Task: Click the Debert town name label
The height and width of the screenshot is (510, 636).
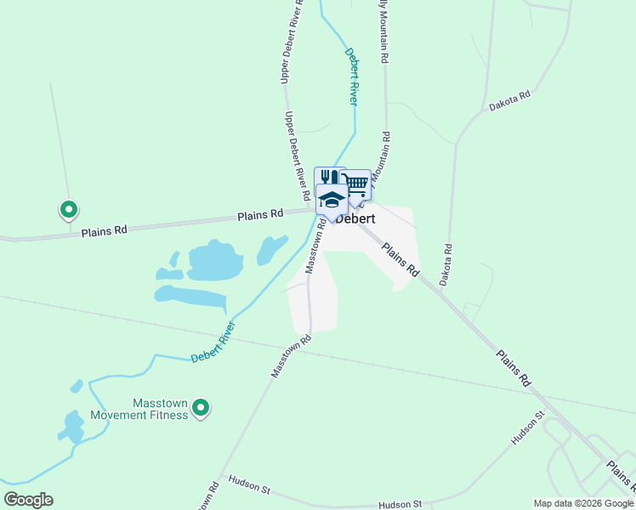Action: tap(355, 218)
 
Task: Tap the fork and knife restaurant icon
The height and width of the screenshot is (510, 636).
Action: tap(328, 178)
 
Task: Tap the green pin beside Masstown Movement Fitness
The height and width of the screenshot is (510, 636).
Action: tap(201, 409)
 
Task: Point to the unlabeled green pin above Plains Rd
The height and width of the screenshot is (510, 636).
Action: tap(69, 208)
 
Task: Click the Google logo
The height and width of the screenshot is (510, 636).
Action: tap(28, 499)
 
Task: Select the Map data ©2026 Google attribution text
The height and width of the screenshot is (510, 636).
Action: tap(583, 503)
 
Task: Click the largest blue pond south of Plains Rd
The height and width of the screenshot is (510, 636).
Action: tap(214, 261)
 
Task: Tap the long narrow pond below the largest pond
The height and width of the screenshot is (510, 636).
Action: tap(192, 297)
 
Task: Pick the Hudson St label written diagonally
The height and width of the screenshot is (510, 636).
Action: tap(527, 429)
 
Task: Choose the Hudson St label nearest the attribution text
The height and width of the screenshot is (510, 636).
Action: tap(400, 504)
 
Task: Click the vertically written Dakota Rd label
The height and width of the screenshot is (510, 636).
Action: tap(446, 264)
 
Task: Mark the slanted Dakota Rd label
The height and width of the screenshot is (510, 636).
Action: tap(509, 101)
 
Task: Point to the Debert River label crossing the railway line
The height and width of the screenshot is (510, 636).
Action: tap(213, 342)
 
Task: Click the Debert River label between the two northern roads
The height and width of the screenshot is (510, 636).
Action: tap(350, 76)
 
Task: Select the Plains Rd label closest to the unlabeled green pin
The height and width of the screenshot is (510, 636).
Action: tap(105, 230)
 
